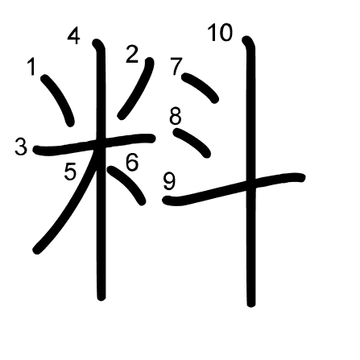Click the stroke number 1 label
pyautogui.click(x=31, y=67)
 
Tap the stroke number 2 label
pyautogui.click(x=132, y=55)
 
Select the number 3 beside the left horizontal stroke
pyautogui.click(x=21, y=147)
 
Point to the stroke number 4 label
pyautogui.click(x=73, y=36)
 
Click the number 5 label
pyautogui.click(x=70, y=172)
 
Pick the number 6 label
pyautogui.click(x=132, y=162)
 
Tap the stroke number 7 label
pyautogui.click(x=176, y=67)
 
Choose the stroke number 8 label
pyautogui.click(x=176, y=116)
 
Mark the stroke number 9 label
pyautogui.click(x=169, y=181)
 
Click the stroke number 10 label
pyautogui.click(x=220, y=33)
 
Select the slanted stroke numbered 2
pyautogui.click(x=136, y=88)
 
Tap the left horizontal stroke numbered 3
pyautogui.click(x=94, y=144)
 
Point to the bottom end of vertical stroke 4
pyautogui.click(x=101, y=297)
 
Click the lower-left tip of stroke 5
pyautogui.click(x=36, y=250)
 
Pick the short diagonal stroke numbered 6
pyautogui.click(x=127, y=184)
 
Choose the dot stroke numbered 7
pyautogui.click(x=201, y=88)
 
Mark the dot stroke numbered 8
pyautogui.click(x=192, y=143)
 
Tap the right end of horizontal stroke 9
pyautogui.click(x=302, y=177)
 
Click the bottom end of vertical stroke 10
pyautogui.click(x=251, y=304)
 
